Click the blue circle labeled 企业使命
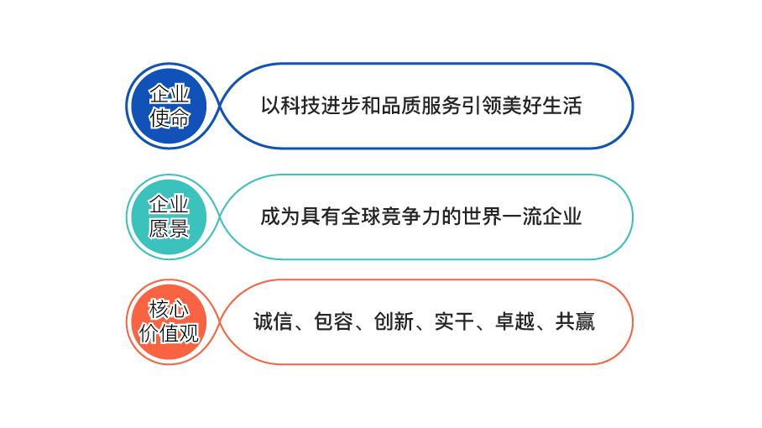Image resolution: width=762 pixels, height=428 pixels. coord(170,106)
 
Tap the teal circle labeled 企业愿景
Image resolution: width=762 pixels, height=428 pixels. coord(170,217)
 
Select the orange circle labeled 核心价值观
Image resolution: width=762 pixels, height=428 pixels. coord(170,321)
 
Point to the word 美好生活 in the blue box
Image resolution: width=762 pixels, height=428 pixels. coord(542,106)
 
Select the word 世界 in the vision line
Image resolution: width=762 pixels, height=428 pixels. coord(482,217)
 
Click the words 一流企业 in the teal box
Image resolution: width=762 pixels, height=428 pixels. coord(542,217)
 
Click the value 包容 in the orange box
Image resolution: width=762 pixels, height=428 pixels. coord(333,321)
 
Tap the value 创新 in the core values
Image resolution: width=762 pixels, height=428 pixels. coord(394,321)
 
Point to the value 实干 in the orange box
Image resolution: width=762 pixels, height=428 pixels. coord(454,321)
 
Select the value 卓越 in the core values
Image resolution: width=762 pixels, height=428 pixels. coord(514,321)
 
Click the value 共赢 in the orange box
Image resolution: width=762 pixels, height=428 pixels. coord(575,321)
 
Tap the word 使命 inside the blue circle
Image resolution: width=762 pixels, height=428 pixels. coord(170,118)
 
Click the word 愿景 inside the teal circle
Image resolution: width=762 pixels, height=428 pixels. coord(170,229)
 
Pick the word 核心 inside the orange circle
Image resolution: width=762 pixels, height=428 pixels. coord(170,309)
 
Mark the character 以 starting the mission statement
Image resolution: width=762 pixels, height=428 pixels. coord(271,106)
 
